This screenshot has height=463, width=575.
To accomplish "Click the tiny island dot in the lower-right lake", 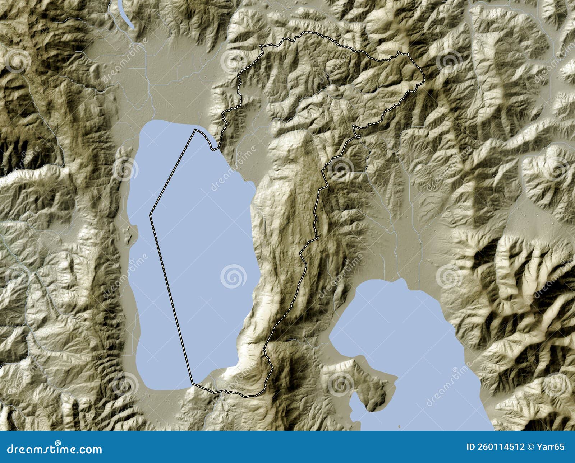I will (399, 427).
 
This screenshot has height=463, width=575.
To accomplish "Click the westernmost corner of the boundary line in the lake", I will (150, 215).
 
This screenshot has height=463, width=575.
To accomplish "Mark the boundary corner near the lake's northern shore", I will (195, 130).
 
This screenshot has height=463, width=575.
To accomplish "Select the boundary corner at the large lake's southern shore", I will (192, 384).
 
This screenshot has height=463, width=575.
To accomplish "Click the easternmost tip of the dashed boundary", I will (424, 76).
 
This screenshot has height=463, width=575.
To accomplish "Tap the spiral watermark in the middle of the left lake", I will (233, 276).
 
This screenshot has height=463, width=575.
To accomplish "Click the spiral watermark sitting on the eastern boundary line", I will (340, 169).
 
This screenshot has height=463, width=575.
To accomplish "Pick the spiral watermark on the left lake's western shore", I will (125, 169).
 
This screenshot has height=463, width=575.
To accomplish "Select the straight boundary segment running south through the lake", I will (171, 298).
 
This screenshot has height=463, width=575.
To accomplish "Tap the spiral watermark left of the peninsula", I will (341, 384).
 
